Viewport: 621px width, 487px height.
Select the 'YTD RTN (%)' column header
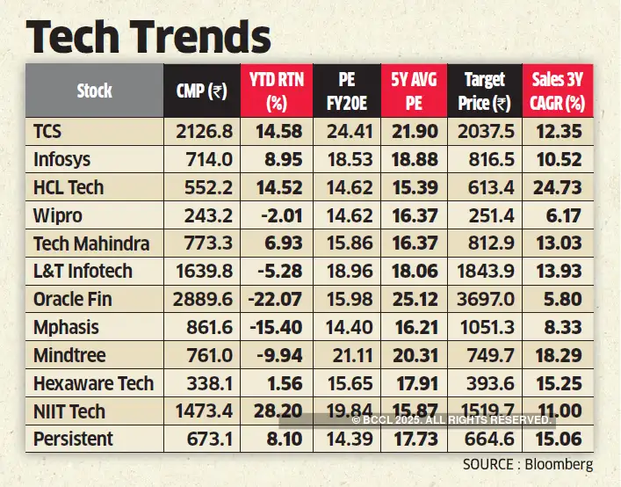pos(277,91)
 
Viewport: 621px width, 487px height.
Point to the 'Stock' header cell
pos(94,91)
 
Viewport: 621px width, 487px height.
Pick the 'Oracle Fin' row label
pos(73,299)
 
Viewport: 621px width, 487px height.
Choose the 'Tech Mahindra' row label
pos(90,243)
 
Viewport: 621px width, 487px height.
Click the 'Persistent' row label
pos(73,439)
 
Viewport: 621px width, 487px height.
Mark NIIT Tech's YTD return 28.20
pos(277,411)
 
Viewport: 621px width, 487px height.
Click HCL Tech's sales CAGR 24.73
pos(559,187)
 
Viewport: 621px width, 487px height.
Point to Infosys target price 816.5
pos(484,159)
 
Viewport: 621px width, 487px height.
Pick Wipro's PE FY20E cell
pos(345,215)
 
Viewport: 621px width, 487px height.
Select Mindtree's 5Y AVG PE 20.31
pos(415,355)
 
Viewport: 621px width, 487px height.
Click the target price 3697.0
pos(484,299)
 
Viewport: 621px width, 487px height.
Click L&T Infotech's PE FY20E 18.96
pos(345,272)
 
